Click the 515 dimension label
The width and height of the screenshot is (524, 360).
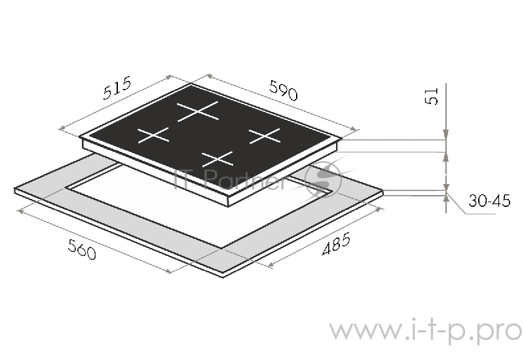coord(117,88)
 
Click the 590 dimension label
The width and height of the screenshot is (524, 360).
coord(284,90)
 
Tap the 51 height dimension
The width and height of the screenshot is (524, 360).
coord(432,96)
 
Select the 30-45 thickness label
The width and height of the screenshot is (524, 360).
coord(489,201)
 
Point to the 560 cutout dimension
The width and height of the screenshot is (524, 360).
coord(82,249)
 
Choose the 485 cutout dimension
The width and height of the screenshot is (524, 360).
coord(336,243)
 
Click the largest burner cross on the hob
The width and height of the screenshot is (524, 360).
coord(198,111)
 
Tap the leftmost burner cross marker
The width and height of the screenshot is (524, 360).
coord(153,135)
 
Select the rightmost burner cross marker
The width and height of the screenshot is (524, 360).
coord(265,135)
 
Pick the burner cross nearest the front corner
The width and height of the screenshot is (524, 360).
coord(217,159)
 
